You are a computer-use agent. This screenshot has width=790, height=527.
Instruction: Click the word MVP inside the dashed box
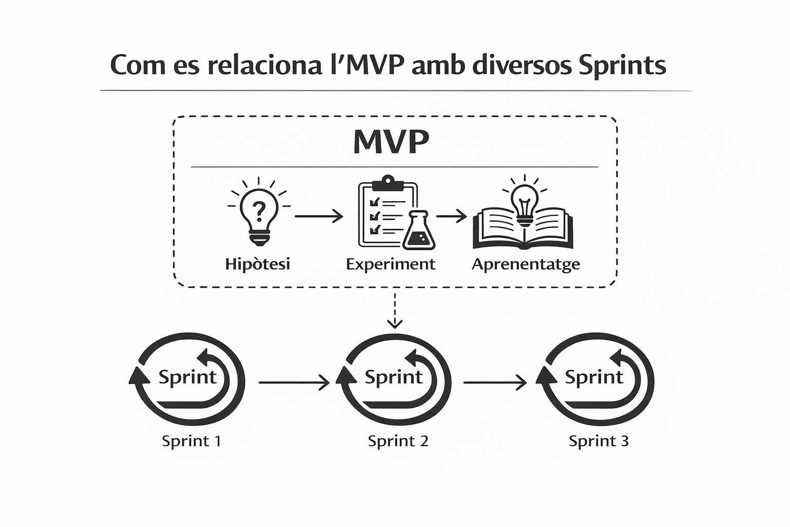click(x=391, y=142)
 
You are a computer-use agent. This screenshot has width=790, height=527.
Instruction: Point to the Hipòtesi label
click(x=258, y=264)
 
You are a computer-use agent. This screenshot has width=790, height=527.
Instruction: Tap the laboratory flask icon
click(x=419, y=232)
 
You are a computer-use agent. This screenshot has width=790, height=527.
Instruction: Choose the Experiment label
click(x=390, y=265)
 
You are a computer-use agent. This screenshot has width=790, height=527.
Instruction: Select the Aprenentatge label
click(x=526, y=265)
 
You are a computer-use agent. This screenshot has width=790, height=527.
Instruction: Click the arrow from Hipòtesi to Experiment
click(x=318, y=216)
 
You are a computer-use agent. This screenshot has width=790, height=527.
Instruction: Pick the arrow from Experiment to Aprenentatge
click(x=451, y=216)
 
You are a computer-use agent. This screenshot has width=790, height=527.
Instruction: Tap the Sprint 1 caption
click(x=191, y=441)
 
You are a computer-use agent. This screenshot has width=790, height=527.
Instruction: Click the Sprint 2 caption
click(x=398, y=441)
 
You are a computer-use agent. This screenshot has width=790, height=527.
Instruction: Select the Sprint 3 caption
click(x=599, y=441)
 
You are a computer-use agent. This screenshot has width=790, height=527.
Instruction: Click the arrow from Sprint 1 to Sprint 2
click(x=294, y=382)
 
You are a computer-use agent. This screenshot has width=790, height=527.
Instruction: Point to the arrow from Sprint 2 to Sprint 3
click(x=495, y=382)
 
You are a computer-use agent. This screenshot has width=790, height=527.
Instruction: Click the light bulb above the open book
click(x=524, y=202)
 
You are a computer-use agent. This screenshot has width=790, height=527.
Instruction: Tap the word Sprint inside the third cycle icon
click(x=594, y=377)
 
